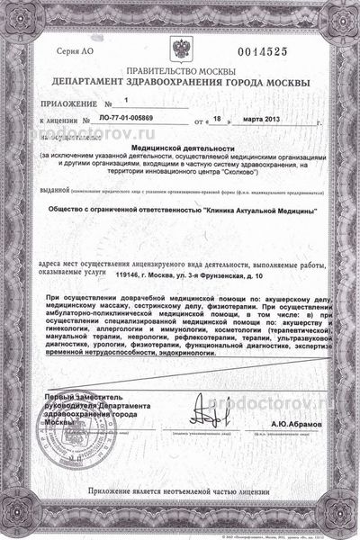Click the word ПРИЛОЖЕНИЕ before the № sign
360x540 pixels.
[x=71, y=103]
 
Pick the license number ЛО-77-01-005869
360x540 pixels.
[x=143, y=118]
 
